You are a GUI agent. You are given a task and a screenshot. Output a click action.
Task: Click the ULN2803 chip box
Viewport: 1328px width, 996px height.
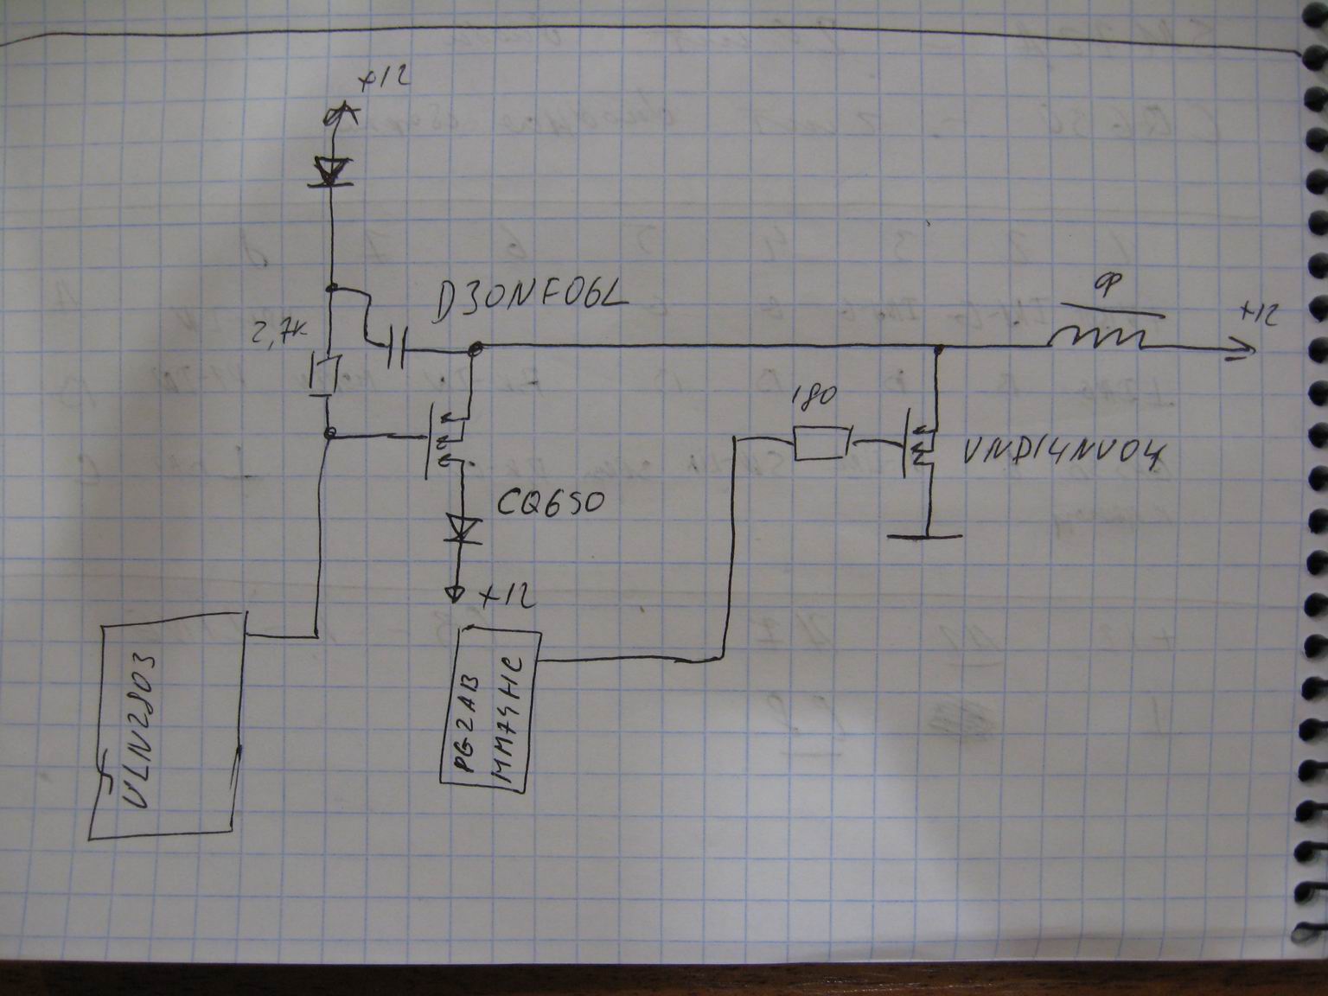click(168, 722)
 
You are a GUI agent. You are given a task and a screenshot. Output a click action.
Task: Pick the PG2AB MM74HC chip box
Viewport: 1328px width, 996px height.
click(490, 707)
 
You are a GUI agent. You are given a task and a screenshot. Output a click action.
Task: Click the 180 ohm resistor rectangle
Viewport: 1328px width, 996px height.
click(820, 444)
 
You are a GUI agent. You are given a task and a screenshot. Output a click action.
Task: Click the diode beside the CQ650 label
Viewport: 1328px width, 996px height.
click(457, 528)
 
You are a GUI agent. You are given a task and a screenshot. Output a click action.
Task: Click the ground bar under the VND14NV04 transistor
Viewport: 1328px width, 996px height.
click(926, 535)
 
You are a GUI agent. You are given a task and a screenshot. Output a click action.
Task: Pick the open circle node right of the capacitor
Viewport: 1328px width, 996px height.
click(474, 349)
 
